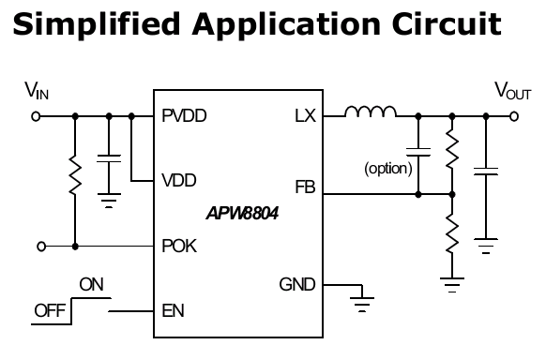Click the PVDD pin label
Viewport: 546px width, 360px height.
click(184, 116)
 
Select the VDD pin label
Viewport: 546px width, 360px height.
click(179, 181)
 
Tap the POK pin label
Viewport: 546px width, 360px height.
click(179, 246)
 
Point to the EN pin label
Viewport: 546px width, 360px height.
click(173, 310)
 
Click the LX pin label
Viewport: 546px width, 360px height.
click(306, 116)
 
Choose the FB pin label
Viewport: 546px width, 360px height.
click(306, 187)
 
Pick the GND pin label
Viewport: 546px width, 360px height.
click(297, 284)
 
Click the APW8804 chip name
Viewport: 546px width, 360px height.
click(242, 213)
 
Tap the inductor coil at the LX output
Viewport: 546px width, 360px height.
click(371, 111)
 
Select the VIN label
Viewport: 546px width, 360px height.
click(37, 90)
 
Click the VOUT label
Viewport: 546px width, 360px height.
click(513, 90)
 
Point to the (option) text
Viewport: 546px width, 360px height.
click(388, 169)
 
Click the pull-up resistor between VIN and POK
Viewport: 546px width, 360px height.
click(75, 175)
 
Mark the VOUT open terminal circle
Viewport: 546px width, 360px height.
click(514, 116)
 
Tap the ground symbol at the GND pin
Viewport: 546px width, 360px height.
click(362, 304)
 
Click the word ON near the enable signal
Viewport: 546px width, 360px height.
click(91, 284)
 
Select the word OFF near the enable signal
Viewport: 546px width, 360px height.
click(50, 310)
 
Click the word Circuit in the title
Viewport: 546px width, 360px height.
click(447, 23)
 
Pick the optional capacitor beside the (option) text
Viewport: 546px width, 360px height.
click(418, 153)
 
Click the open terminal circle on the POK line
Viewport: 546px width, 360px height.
click(41, 247)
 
